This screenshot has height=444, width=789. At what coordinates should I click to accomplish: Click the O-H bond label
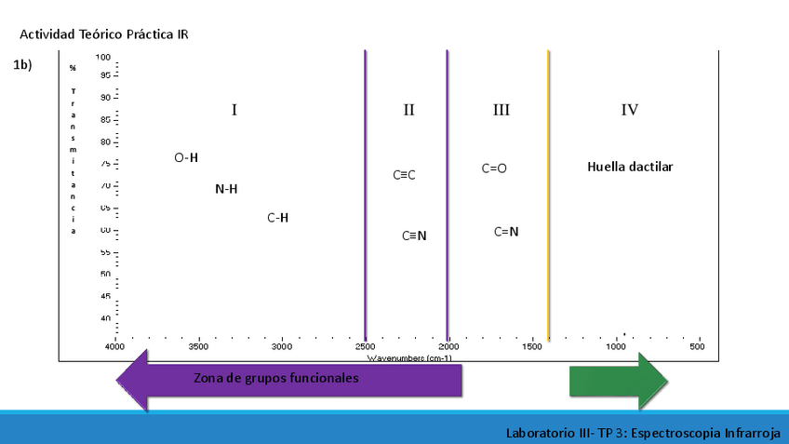(186, 157)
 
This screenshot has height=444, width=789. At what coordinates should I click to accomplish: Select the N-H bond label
(226, 189)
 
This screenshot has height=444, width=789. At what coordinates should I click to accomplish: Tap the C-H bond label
(277, 218)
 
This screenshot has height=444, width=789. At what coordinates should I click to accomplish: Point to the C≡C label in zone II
(404, 175)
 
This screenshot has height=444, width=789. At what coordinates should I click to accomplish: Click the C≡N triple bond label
(414, 235)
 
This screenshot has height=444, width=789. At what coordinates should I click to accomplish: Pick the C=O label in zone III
(494, 168)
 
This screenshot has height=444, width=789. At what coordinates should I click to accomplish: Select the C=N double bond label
(506, 232)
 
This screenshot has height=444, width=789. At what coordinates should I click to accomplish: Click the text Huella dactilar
(630, 168)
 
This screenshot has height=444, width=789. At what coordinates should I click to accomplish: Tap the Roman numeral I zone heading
(234, 110)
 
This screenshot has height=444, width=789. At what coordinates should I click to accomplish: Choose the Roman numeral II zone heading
(408, 110)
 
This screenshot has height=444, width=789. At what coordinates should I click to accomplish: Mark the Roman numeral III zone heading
(501, 110)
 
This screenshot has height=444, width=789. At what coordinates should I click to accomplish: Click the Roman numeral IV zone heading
(630, 110)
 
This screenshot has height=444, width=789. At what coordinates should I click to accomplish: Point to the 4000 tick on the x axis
(114, 347)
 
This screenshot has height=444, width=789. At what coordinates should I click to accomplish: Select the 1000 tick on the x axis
(615, 347)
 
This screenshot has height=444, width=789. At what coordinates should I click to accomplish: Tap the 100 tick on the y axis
(104, 57)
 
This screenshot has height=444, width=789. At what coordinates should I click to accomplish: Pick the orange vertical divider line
(548, 195)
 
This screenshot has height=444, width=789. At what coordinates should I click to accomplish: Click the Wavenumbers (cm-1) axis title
(409, 357)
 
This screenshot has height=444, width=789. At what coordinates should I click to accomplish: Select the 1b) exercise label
(23, 65)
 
